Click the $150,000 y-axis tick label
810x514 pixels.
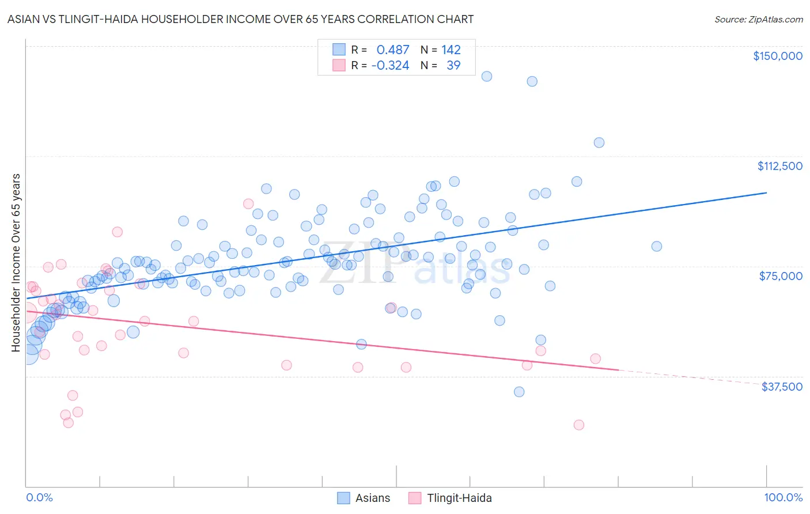[x=777, y=56]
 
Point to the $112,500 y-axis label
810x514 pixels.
[x=779, y=166]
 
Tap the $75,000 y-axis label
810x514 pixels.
[x=781, y=276]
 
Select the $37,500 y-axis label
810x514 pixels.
[x=781, y=387]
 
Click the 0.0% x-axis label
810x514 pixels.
[x=39, y=497]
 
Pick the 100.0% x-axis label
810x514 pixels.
[x=783, y=497]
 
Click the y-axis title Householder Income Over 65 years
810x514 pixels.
[x=16, y=262]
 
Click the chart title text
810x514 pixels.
[x=240, y=19]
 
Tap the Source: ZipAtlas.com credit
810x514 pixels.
[x=758, y=19]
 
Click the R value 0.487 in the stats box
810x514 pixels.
[x=392, y=50]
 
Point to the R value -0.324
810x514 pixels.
[x=390, y=65]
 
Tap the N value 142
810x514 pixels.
[x=451, y=50]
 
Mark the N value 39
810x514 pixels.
[x=453, y=65]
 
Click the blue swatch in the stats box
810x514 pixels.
[x=339, y=50]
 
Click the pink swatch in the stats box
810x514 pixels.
[x=339, y=65]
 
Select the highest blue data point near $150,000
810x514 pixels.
[x=486, y=76]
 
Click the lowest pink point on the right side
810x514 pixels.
[x=578, y=425]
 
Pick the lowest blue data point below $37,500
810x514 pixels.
[x=518, y=392]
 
